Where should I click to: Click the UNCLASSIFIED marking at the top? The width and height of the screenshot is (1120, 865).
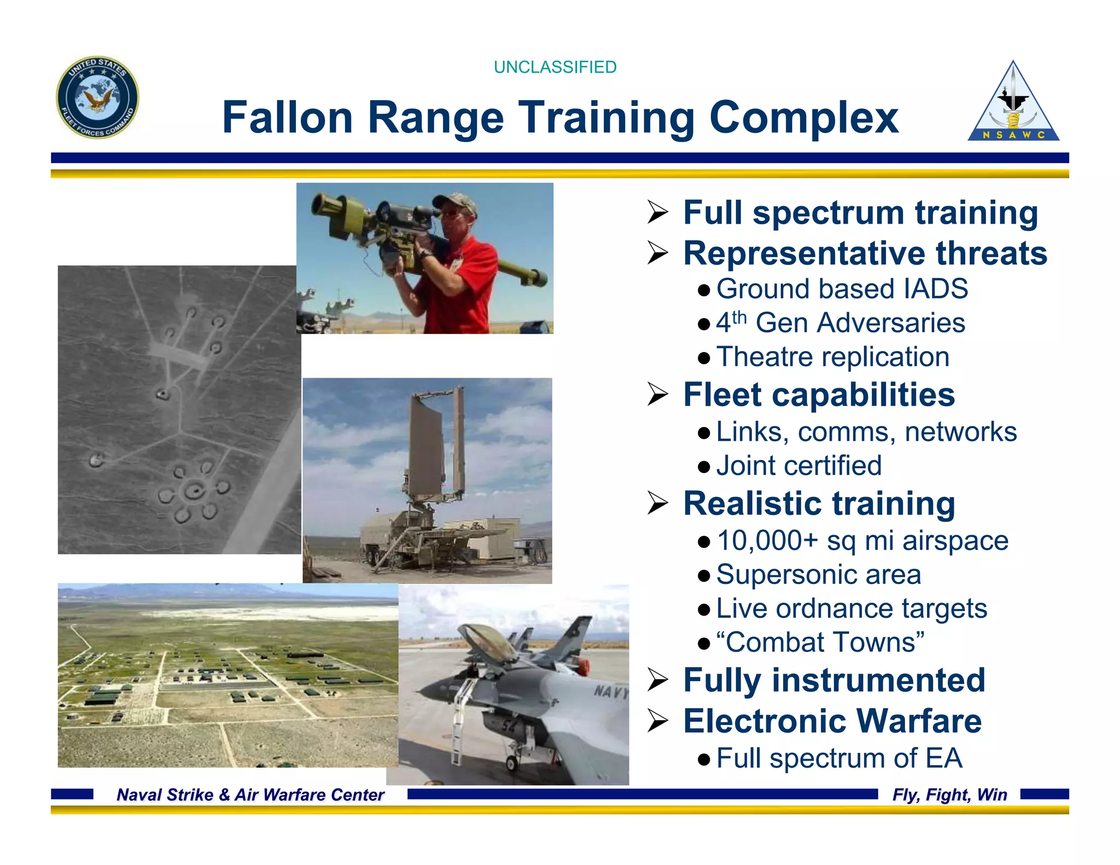click(x=555, y=67)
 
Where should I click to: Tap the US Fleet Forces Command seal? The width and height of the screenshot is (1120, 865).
click(x=97, y=97)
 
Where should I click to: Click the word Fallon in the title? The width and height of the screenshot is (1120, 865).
click(x=288, y=118)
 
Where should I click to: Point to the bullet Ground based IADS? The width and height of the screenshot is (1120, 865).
click(x=842, y=289)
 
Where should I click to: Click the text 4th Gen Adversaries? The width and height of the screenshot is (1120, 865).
click(x=841, y=323)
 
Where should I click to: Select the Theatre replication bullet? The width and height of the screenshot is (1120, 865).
click(x=832, y=357)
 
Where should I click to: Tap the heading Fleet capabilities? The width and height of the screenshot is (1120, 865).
click(x=819, y=395)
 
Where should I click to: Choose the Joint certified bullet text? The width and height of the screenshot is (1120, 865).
click(x=798, y=466)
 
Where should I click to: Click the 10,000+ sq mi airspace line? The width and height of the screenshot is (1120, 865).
click(x=862, y=541)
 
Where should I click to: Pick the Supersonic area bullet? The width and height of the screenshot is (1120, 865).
click(x=818, y=575)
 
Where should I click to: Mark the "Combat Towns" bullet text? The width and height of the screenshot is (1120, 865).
click(x=820, y=642)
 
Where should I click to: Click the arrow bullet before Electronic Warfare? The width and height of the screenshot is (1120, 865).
click(x=658, y=722)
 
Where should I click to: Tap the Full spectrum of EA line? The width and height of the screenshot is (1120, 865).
click(x=839, y=758)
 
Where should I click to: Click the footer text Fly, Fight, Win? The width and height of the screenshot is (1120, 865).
click(x=949, y=794)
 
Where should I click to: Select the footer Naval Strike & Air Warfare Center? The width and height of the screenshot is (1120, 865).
click(x=250, y=794)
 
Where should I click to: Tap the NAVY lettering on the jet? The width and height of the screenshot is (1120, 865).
click(x=611, y=692)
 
